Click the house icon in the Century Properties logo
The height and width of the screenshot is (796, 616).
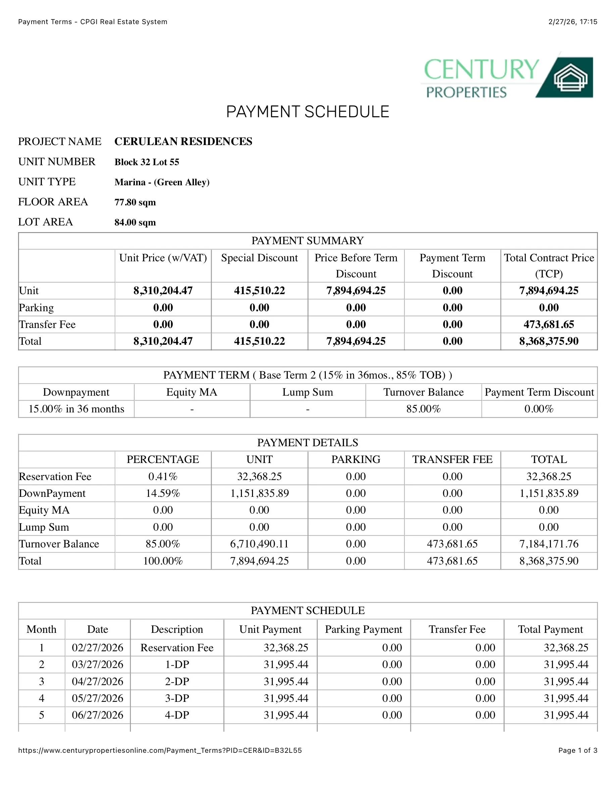click(x=571, y=78)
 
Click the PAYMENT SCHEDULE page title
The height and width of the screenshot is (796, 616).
click(x=308, y=112)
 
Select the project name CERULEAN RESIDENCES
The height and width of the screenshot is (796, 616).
click(x=183, y=141)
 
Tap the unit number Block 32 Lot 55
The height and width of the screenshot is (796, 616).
click(x=147, y=162)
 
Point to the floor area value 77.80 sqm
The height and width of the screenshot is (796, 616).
click(x=135, y=202)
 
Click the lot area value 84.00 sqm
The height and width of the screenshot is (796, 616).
click(x=135, y=222)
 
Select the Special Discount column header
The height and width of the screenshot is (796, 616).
click(x=259, y=258)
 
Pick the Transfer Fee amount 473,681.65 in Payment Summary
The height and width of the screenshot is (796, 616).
click(x=549, y=324)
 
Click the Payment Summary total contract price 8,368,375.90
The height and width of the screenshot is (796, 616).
click(x=549, y=341)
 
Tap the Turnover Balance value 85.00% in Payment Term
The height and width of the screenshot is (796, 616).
click(x=423, y=409)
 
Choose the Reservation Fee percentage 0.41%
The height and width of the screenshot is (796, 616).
click(x=163, y=476)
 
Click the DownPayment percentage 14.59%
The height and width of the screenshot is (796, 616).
click(x=163, y=493)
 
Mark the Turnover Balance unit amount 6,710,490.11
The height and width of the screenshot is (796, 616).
click(x=259, y=544)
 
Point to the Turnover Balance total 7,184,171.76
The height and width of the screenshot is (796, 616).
click(x=549, y=544)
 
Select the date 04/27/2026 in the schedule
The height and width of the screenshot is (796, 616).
click(x=97, y=681)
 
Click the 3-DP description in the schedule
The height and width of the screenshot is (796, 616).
click(x=177, y=698)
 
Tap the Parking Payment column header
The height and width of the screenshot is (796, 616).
click(x=363, y=629)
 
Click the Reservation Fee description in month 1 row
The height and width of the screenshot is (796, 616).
click(x=177, y=648)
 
